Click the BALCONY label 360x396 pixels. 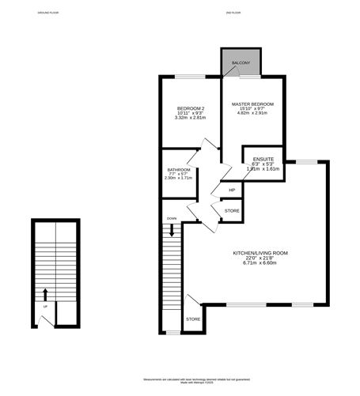point(240,63)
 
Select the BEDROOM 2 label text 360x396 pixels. point(191,108)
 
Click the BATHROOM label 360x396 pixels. point(179,169)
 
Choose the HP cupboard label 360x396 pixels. point(232,190)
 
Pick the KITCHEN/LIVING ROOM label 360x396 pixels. point(260,253)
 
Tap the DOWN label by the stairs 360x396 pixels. point(171,218)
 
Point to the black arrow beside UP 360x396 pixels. point(45,295)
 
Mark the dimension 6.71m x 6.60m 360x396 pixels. point(260,263)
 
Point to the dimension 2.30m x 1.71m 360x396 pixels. point(179,178)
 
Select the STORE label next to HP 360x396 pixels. point(232,211)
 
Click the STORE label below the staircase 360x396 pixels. point(193,319)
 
